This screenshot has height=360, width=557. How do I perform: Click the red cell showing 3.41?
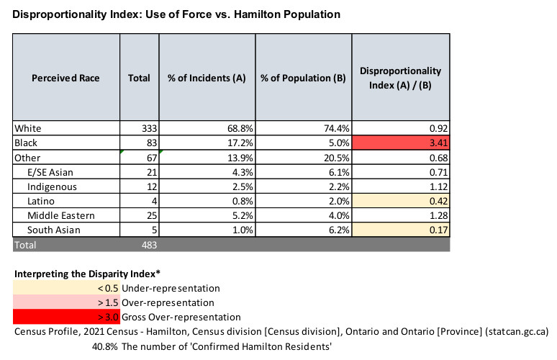[x=401, y=143]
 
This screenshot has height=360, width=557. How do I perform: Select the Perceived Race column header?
[x=65, y=77]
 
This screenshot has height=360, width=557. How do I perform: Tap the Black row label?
[x=26, y=143]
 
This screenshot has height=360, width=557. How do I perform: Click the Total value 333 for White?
[x=141, y=127]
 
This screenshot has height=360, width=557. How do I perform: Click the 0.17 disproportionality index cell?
[x=401, y=230]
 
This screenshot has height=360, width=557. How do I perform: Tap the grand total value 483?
[x=140, y=245]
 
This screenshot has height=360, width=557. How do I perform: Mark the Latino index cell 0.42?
[x=401, y=201]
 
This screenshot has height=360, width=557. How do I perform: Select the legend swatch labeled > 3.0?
[x=61, y=317]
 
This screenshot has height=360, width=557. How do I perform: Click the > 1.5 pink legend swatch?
[x=61, y=302]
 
